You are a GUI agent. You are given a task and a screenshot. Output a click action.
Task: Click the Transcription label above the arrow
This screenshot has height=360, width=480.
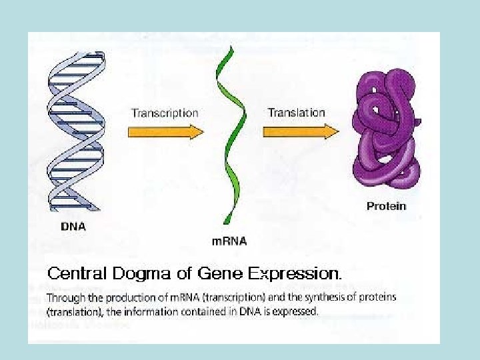pyautogui.click(x=165, y=113)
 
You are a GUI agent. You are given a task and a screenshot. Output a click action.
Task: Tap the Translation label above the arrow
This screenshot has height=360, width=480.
pyautogui.click(x=296, y=112)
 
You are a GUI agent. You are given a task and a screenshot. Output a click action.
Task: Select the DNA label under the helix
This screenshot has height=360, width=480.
pyautogui.click(x=73, y=226)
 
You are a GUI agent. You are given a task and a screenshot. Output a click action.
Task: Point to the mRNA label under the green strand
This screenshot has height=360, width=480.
pyautogui.click(x=229, y=241)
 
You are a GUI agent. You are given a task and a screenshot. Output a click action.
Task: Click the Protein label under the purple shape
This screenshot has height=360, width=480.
pyautogui.click(x=386, y=206)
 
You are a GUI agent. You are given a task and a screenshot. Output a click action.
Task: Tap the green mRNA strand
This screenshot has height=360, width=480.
pyautogui.click(x=231, y=133)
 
